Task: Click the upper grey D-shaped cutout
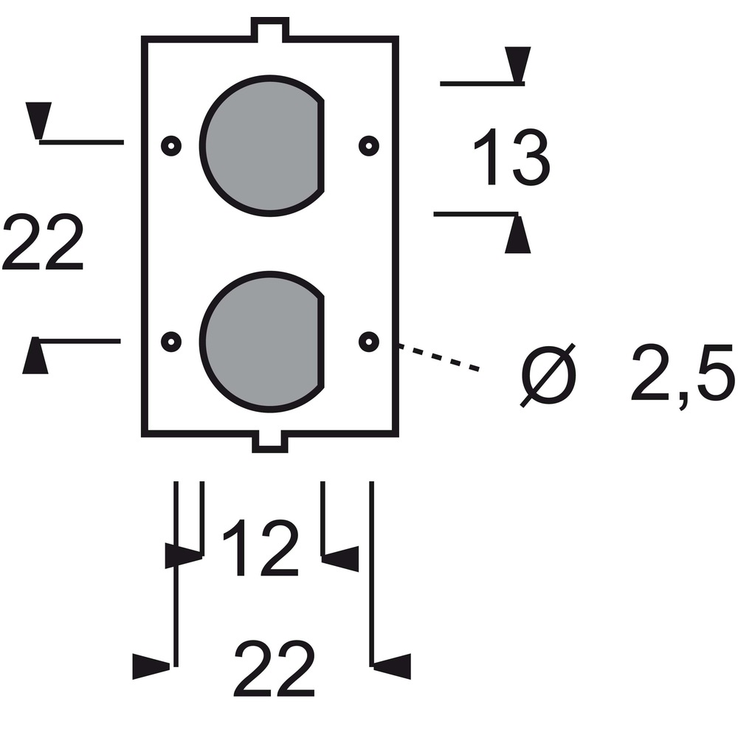point(262,145)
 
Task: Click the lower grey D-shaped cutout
point(262,342)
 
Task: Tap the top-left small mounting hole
point(171,145)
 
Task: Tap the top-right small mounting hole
point(369,145)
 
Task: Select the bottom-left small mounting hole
point(171,342)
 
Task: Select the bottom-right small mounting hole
point(369,342)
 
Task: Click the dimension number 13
point(511,156)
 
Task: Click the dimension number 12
point(261,548)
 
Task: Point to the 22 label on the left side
point(43,241)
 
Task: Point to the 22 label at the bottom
point(275,668)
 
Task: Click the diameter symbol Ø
point(548,375)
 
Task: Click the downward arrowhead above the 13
point(518,65)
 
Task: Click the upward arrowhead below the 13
point(518,235)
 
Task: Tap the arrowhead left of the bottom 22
point(151,666)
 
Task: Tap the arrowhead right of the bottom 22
point(392,666)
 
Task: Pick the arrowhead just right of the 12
point(340,559)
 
